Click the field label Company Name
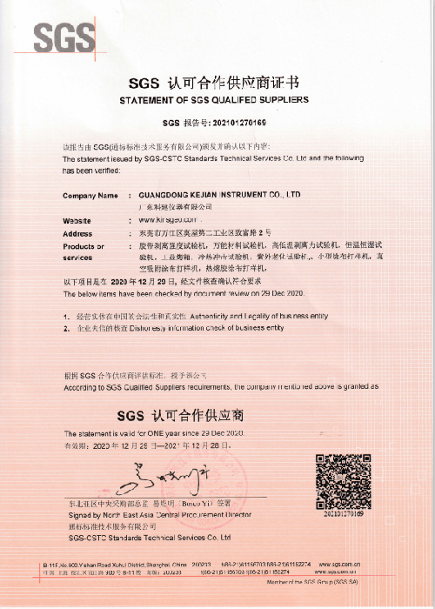[x=90, y=195]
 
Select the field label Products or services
[x=84, y=252]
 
